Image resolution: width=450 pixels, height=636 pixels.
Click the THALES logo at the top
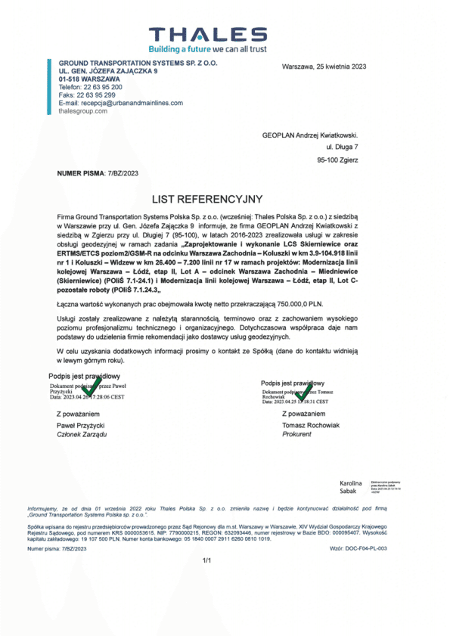click(207, 34)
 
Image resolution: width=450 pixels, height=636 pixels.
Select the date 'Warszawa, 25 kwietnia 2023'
click(324, 67)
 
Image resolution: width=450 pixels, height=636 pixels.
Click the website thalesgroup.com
click(82, 110)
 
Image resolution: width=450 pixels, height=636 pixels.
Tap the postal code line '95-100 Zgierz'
click(337, 160)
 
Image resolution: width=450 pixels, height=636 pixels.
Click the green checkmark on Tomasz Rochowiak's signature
click(303, 392)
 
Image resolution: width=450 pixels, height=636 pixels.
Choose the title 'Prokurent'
click(296, 435)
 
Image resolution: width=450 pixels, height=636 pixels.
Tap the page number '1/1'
click(207, 560)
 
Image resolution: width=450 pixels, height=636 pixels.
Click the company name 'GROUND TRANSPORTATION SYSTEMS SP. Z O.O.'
click(138, 63)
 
